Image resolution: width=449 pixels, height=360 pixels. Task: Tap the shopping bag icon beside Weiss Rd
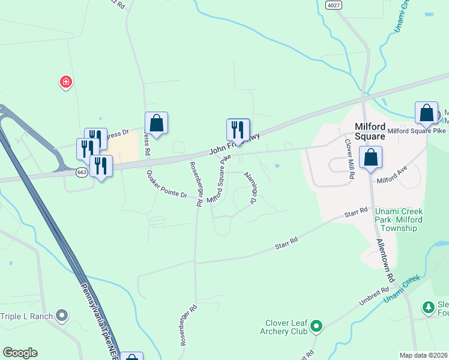[156, 123]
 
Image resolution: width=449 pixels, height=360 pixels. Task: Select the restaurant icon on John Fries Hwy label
[238, 130]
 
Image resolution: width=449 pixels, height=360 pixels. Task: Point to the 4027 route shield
[334, 5]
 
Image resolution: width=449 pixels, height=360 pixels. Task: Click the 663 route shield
[82, 172]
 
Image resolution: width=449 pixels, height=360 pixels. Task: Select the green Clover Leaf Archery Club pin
[316, 327]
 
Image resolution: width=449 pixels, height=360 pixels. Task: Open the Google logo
[20, 353]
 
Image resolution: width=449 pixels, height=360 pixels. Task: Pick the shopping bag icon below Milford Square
[371, 157]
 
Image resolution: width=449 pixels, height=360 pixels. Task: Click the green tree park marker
[429, 308]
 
